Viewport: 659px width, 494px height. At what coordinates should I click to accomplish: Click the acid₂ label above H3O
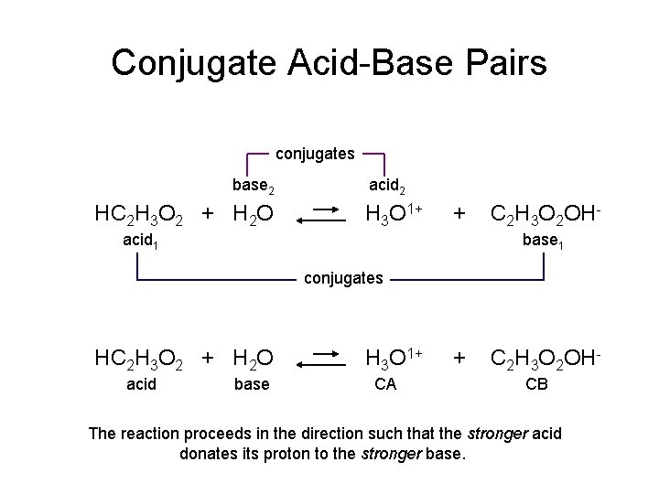click(x=389, y=186)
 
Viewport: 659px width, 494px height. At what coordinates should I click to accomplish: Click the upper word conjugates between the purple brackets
click(x=315, y=154)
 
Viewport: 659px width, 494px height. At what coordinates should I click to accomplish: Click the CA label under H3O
click(x=385, y=384)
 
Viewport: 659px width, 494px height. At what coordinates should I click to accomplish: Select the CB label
click(x=536, y=384)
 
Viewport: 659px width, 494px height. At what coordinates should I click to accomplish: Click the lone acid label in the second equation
click(x=141, y=384)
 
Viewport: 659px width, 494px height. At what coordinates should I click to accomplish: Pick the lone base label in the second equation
click(x=252, y=384)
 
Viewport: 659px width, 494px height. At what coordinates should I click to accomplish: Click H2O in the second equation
click(x=252, y=358)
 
